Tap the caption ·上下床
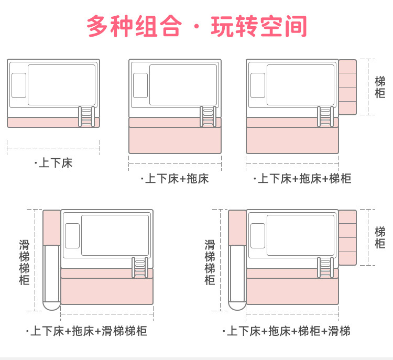click(53, 163)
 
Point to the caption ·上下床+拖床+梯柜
click(302, 179)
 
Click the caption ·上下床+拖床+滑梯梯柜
click(86, 331)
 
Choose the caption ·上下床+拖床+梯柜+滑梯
click(286, 331)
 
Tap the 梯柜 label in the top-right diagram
click(380, 87)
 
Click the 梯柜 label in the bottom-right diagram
click(380, 237)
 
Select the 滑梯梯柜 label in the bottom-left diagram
click(25, 262)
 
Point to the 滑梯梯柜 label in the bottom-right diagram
click(210, 262)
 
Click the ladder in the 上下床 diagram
click(86, 116)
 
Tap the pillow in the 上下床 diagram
click(19, 85)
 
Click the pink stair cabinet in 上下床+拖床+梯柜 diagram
click(347, 87)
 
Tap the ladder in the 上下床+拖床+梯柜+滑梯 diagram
click(325, 267)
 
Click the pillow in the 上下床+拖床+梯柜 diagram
click(258, 85)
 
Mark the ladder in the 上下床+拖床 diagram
click(208, 116)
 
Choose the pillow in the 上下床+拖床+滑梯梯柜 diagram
click(72, 235)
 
